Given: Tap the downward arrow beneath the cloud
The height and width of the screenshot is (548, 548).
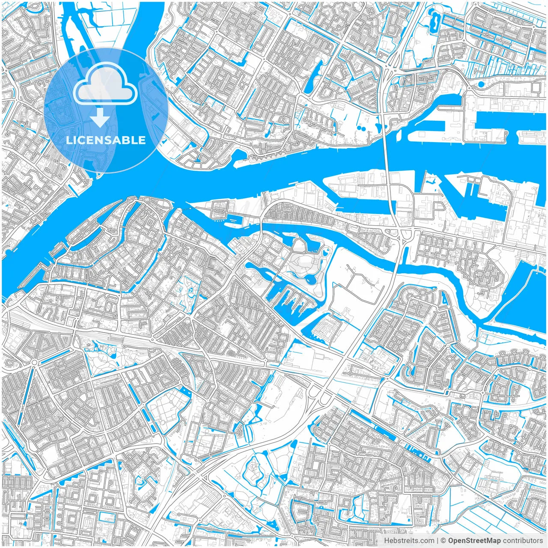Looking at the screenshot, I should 100,118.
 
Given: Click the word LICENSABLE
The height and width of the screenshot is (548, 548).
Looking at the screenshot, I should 106,140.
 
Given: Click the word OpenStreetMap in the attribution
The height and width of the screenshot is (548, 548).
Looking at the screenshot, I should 474,541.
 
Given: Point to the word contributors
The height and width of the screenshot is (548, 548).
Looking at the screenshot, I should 523,541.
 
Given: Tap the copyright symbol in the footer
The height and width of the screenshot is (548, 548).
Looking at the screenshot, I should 444,541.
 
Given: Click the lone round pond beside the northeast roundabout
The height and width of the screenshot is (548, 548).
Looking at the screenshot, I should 481,84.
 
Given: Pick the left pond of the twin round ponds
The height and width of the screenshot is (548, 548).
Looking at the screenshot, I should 358,128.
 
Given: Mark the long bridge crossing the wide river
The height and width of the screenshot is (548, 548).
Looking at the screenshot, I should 387,163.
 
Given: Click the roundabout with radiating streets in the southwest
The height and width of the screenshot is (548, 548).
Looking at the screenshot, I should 34,363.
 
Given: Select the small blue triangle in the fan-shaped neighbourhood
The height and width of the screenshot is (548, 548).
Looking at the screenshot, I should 428,332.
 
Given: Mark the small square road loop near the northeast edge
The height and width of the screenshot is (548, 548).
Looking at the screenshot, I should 536,87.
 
